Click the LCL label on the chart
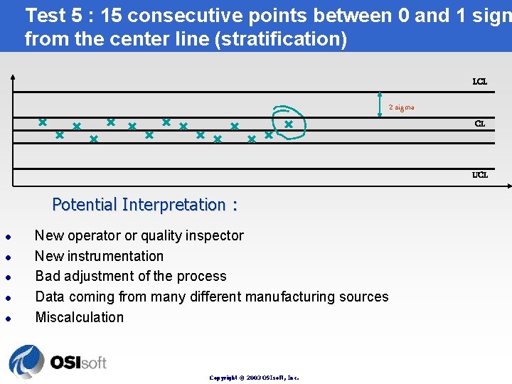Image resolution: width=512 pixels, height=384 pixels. [480, 82]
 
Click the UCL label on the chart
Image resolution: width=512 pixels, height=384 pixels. [480, 175]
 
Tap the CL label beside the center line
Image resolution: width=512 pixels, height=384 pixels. [480, 124]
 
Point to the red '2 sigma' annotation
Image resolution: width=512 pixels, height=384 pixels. [401, 107]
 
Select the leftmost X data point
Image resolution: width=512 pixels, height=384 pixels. [43, 122]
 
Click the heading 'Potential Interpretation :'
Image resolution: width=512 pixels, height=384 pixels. [144, 205]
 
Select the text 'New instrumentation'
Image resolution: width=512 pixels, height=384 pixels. [99, 256]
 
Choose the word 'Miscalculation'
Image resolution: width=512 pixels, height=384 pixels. [79, 317]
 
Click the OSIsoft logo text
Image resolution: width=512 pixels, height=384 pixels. [78, 362]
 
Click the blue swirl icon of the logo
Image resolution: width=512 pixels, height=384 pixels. [26, 361]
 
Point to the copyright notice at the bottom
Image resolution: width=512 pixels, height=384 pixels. [254, 378]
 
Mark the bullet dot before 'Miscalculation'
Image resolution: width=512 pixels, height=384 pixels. [7, 318]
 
